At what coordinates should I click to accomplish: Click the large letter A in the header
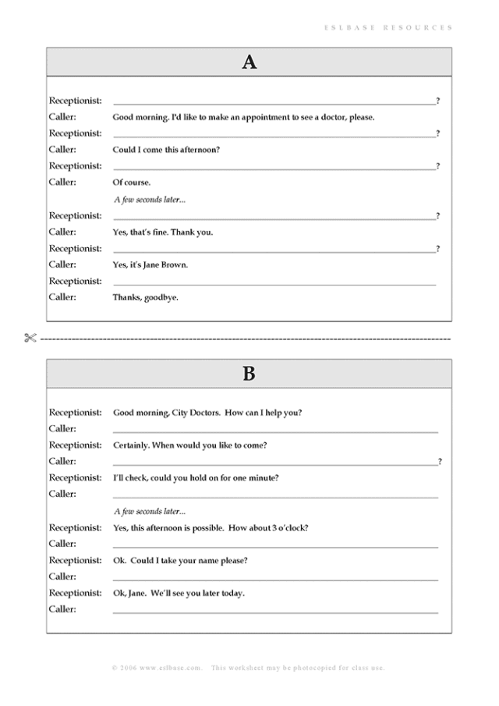coord(249,62)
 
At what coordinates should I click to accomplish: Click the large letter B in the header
coord(249,374)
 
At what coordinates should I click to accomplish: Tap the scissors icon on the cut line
coord(30,339)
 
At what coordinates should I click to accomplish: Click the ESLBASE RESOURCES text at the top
coord(388,27)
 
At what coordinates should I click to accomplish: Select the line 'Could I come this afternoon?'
coord(166,150)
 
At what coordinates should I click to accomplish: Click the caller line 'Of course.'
coord(132,183)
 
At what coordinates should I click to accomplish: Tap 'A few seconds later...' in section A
coord(150,200)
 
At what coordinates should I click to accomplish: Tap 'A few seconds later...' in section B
coord(150,512)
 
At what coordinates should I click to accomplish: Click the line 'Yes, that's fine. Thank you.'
coord(162,232)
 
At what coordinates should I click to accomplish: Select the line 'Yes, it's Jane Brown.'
coord(150,265)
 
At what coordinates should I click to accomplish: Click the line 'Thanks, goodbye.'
coord(145,297)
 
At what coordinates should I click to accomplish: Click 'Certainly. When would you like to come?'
coord(190,445)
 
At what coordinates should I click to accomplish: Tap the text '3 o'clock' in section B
coord(290,528)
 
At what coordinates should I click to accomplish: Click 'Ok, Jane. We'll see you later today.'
coord(179,594)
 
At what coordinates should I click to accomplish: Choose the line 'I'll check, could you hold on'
coord(196,478)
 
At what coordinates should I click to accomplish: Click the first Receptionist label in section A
coord(75,101)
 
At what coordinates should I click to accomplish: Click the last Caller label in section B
coord(62,609)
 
